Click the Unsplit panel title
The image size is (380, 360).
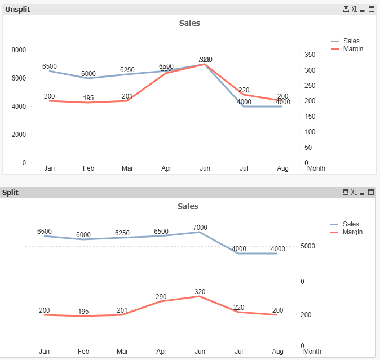click(17, 9)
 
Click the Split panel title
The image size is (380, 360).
click(10, 192)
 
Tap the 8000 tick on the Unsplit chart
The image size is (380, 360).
click(19, 50)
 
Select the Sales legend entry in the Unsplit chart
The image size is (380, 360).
click(351, 41)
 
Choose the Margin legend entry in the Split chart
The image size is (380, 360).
click(352, 232)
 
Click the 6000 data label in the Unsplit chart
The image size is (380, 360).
click(89, 74)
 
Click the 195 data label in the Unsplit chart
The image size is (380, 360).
click(89, 98)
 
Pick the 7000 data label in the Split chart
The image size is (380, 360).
click(200, 228)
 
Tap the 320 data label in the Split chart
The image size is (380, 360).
click(200, 292)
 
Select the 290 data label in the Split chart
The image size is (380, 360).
click(161, 297)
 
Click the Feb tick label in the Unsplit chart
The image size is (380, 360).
click(89, 168)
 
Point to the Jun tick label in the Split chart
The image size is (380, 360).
click(200, 352)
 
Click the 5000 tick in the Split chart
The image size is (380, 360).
click(307, 246)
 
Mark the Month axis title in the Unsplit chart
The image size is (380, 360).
click(316, 168)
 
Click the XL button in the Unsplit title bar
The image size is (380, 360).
click(355, 10)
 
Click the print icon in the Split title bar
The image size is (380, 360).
click(346, 193)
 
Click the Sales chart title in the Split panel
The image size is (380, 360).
click(188, 206)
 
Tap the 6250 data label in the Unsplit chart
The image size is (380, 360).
click(127, 70)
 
